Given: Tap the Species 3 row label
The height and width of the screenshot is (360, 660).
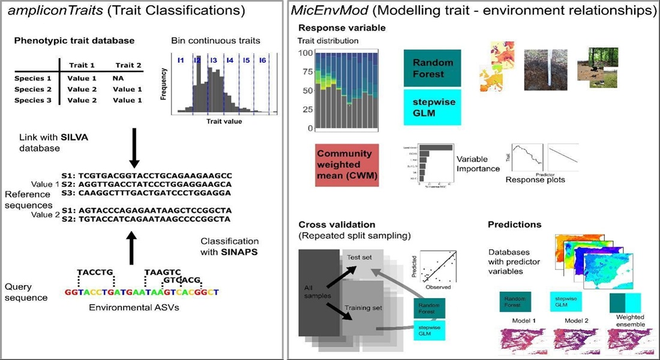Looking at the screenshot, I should click(34, 100).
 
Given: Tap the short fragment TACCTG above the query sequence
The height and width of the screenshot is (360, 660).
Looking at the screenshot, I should click(95, 272).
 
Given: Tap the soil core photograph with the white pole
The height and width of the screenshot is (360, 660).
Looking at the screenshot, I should click(544, 70).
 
